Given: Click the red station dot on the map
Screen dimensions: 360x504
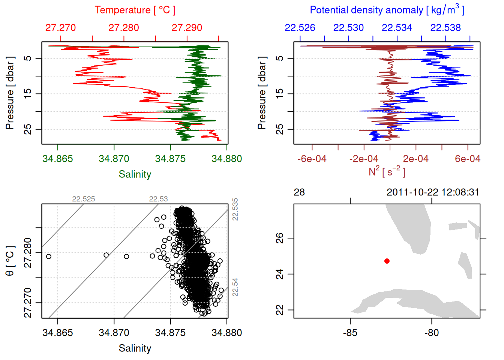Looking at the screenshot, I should [387, 261].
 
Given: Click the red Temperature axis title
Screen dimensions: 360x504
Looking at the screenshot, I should [135, 10].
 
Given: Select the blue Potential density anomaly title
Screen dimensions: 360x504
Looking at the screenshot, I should [387, 10].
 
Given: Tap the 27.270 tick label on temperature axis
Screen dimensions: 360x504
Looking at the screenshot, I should [60, 28].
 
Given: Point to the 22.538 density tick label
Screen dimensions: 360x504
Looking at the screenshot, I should [445, 28].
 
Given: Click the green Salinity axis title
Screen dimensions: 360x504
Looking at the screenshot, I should [135, 174].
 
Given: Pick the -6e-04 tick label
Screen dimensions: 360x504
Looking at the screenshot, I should [312, 159].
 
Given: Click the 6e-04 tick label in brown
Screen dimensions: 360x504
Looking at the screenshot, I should [467, 159].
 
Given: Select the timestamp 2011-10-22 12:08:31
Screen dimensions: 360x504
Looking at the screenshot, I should [433, 192].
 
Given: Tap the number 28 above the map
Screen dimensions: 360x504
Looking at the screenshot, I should [299, 192].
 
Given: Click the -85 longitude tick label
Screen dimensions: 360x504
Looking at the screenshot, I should [350, 333].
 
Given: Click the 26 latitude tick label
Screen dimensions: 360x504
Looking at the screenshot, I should [280, 238].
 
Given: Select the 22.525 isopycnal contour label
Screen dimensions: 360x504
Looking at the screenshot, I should [84, 199].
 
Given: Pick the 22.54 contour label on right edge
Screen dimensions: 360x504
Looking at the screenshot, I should [235, 287].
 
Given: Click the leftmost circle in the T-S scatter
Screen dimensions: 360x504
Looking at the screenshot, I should [49, 256].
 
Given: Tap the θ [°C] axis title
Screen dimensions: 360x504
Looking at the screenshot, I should [10, 261].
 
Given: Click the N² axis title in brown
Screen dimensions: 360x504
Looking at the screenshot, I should [387, 171].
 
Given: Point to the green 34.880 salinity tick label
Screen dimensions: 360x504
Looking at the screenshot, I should [226, 159].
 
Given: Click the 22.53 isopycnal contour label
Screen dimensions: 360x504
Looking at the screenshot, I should [158, 199].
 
